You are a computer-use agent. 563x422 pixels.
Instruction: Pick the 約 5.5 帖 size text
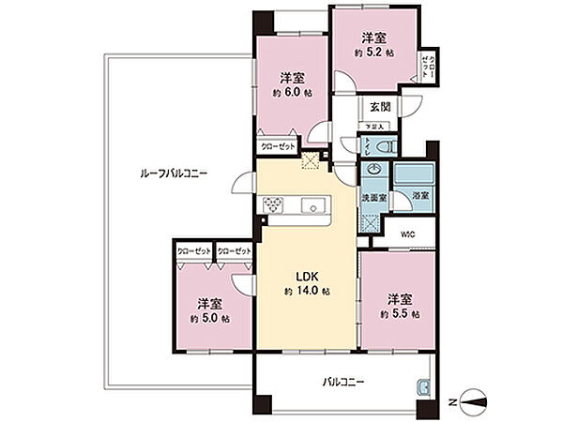pyautogui.click(x=400, y=314)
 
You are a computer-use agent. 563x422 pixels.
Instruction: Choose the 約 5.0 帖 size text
pyautogui.click(x=209, y=319)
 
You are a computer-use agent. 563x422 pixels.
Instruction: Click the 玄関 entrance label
pyautogui.click(x=380, y=107)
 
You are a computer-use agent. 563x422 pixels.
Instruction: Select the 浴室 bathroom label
pyautogui.click(x=419, y=195)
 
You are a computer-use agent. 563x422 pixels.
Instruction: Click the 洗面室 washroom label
pyautogui.click(x=373, y=199)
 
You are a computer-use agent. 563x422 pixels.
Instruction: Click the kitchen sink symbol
pyautogui.click(x=312, y=205)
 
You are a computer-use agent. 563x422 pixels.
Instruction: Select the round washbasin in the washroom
pyautogui.click(x=374, y=171)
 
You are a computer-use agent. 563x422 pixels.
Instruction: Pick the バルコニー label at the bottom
pyautogui.click(x=344, y=383)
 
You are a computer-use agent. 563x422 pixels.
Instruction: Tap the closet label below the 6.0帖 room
pyautogui.click(x=277, y=146)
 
